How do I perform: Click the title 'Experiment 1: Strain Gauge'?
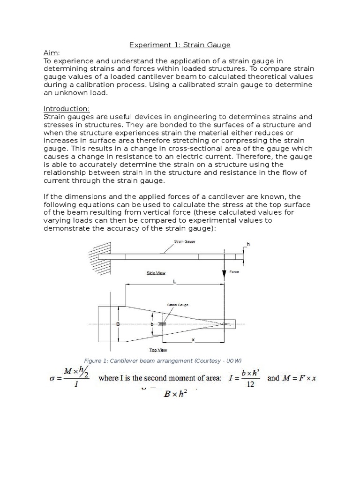pos(180,45)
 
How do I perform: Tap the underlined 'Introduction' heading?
pos(66,109)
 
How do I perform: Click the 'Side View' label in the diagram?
pos(156,273)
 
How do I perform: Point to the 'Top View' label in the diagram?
pos(158,350)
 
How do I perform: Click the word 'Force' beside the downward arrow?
pos(234,272)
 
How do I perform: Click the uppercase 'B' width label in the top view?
pos(118,324)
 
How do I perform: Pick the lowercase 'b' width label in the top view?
pos(151,324)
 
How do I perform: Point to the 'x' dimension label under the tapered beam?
pos(193,346)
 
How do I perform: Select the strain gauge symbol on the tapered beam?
pos(162,324)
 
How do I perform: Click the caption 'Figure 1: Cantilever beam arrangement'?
pos(162,360)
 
